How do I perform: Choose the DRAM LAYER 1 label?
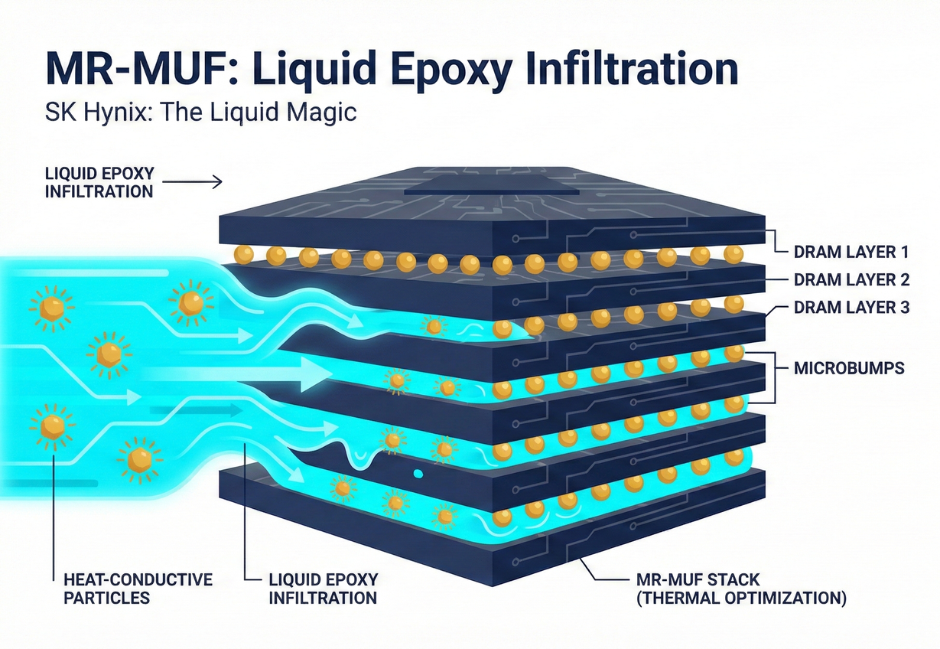point(850,250)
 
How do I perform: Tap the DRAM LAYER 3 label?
point(850,308)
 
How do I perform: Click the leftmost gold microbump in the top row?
point(244,253)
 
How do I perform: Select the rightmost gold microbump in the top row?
point(733,253)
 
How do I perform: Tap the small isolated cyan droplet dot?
point(418,474)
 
